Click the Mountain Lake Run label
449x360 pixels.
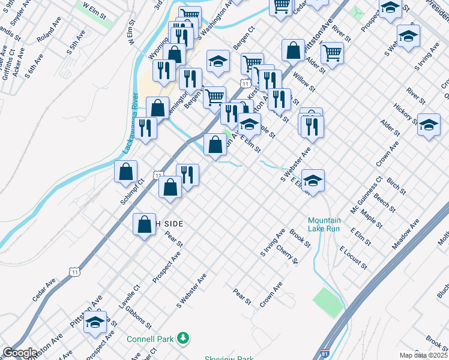[324, 224]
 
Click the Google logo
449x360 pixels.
[19, 353]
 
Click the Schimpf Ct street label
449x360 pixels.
[132, 191]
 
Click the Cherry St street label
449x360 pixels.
[287, 254]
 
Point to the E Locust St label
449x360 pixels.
[353, 257]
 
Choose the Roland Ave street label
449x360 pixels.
[49, 34]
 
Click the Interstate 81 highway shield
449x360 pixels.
[325, 355]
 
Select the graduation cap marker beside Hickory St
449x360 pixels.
[429, 125]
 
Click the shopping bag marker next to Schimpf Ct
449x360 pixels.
[125, 172]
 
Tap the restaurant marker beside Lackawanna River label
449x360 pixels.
[145, 128]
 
